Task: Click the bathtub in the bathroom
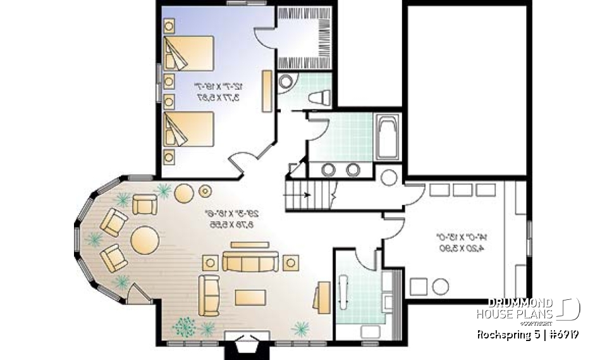pos(386,138)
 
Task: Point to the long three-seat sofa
pos(250,261)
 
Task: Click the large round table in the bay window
pos(145,239)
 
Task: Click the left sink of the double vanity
pos(329,170)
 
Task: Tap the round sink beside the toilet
pos(286,83)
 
